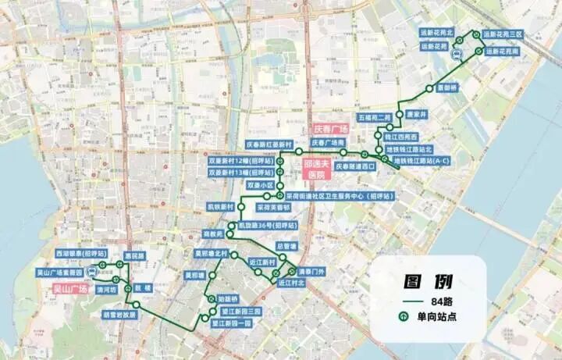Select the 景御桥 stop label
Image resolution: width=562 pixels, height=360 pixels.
447,87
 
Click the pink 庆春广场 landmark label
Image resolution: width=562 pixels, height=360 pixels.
329,128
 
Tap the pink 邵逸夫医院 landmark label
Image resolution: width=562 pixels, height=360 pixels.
318,169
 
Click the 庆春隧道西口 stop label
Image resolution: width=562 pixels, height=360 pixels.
356,166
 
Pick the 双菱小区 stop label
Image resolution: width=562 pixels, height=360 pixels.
260,186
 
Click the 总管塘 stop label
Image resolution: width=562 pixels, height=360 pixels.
286,246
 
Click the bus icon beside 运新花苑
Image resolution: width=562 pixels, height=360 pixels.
460,54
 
